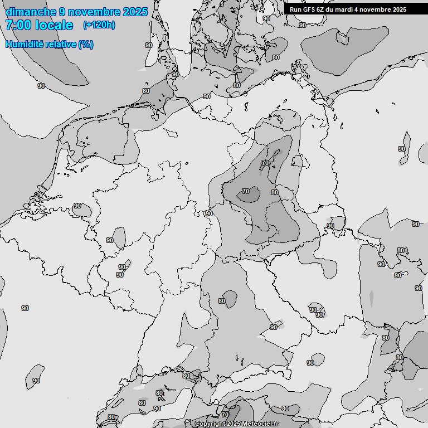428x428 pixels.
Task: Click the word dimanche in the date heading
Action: [31, 12]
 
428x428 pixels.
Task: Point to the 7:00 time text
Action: [17, 25]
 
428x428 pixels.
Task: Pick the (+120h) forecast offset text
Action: [99, 25]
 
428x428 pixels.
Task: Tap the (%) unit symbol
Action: [86, 44]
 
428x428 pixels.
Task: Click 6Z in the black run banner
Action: [321, 9]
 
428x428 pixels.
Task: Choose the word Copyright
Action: [209, 424]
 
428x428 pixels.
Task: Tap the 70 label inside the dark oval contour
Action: [246, 191]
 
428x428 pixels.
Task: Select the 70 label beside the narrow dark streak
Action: [265, 163]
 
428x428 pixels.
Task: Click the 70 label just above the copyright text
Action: [225, 415]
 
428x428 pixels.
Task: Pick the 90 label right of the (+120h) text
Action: [149, 45]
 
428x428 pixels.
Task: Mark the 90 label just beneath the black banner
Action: [302, 25]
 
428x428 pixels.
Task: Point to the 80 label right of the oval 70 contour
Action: [274, 192]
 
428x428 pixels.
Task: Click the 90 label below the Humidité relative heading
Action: [41, 86]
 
